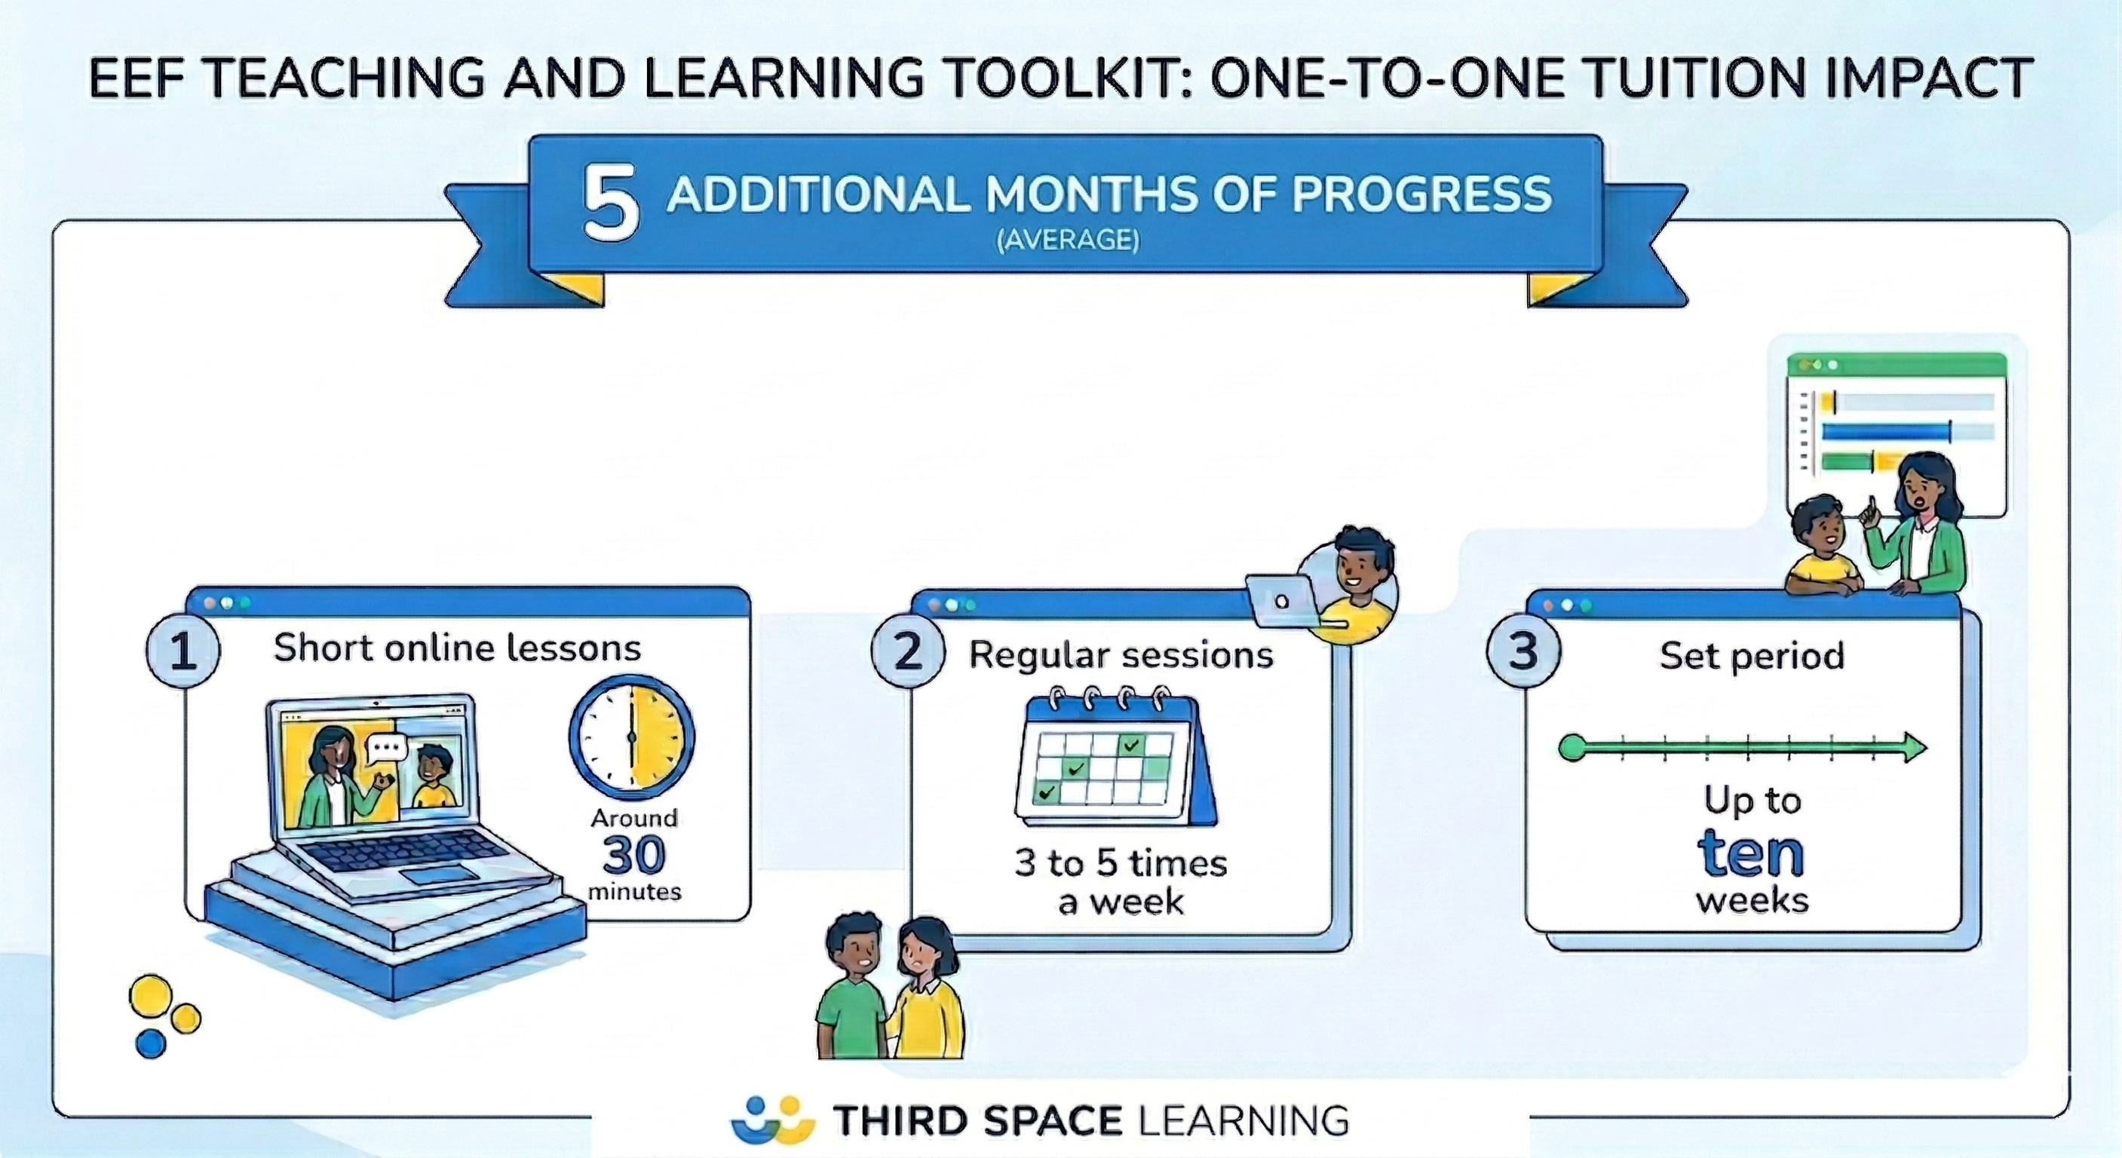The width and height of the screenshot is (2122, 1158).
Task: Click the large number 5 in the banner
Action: [610, 203]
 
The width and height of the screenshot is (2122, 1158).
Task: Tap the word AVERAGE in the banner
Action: [1069, 240]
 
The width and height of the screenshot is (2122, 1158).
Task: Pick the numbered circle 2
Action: [907, 652]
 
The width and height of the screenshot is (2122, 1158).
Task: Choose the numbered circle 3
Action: [1523, 651]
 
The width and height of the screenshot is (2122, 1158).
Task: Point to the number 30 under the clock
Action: [633, 855]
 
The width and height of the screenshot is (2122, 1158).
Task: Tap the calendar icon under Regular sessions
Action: [1116, 759]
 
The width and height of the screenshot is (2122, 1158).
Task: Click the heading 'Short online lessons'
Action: [457, 648]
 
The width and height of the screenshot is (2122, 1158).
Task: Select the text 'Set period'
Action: [1751, 656]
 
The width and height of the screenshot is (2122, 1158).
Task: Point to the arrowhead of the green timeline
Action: [1916, 748]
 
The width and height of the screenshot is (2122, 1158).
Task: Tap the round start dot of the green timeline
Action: [1572, 748]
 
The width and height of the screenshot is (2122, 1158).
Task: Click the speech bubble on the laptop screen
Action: [386, 748]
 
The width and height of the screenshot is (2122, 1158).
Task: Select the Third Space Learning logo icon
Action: [772, 1120]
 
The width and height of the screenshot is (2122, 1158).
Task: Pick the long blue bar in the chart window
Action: [1887, 431]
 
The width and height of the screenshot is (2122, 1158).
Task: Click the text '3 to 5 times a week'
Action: [1121, 882]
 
